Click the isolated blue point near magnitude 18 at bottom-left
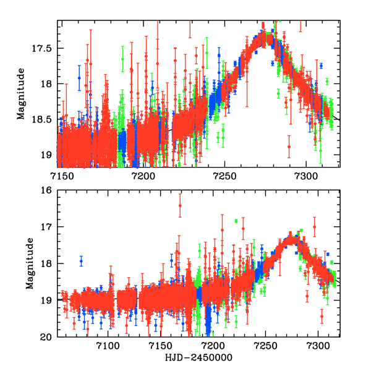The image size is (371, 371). pyautogui.click(x=81, y=262)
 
